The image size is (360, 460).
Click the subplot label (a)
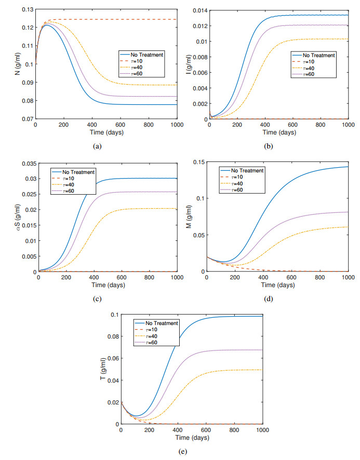coord(97,147)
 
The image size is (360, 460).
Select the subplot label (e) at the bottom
coord(183,451)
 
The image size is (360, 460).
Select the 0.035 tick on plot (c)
coord(28,164)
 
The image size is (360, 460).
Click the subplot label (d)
coord(269,299)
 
